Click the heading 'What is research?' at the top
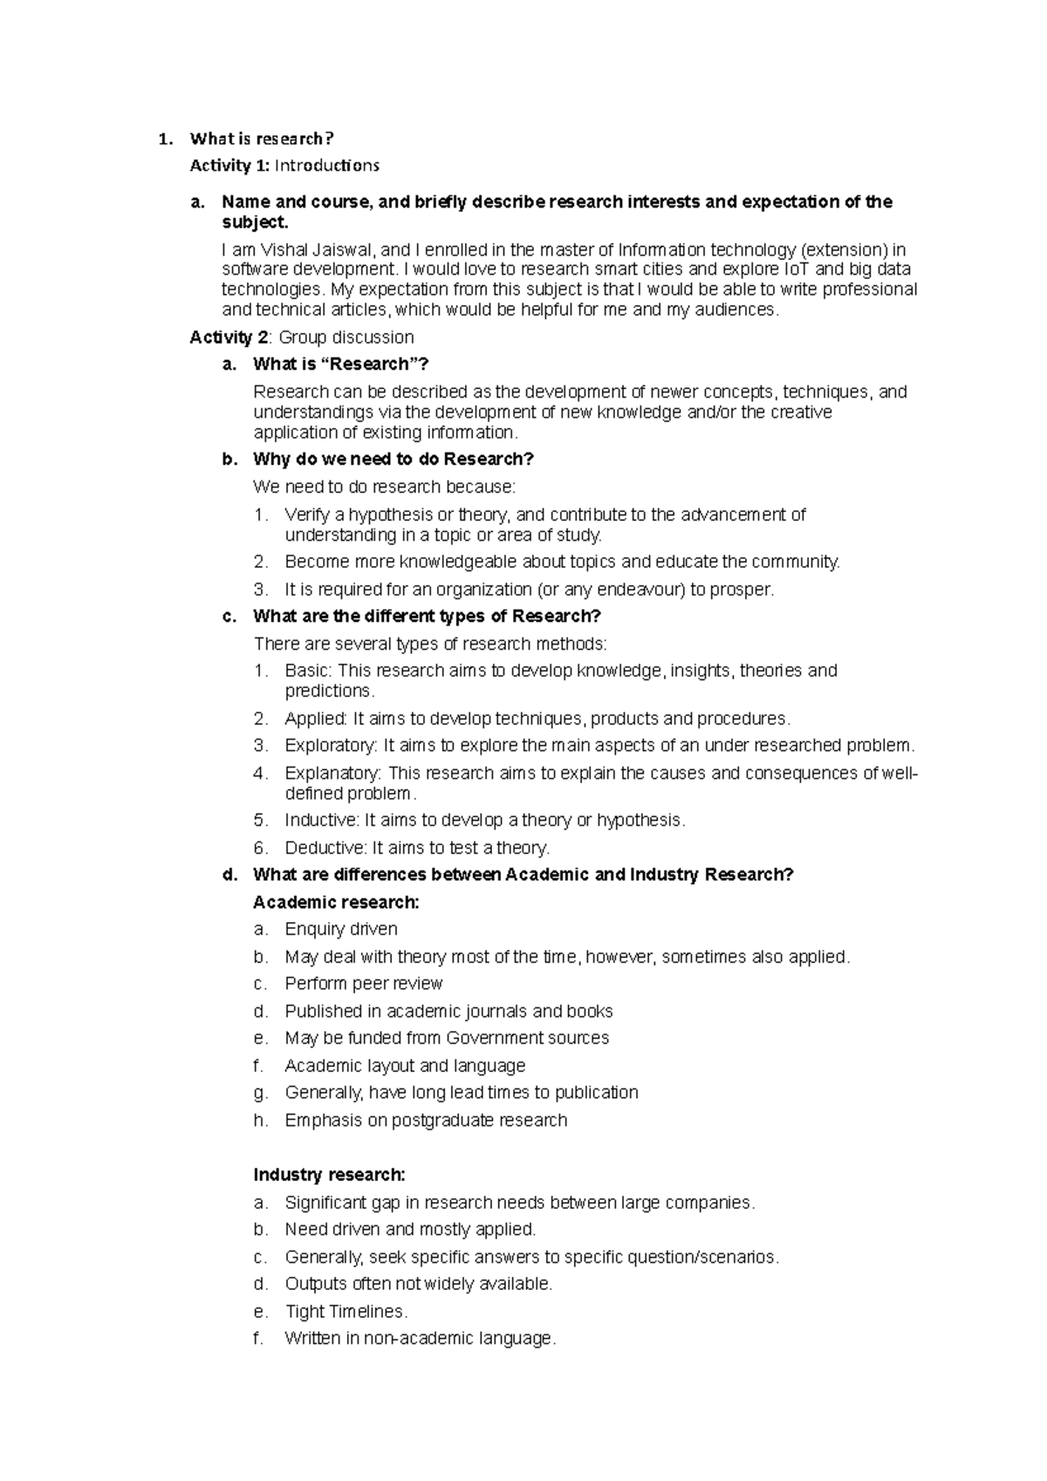click(262, 139)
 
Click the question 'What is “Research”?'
click(341, 365)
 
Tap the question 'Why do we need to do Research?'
click(393, 460)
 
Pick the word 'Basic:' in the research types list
click(308, 671)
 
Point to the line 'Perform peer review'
click(364, 984)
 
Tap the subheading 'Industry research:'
click(329, 1175)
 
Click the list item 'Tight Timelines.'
click(346, 1312)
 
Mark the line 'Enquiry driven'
click(341, 930)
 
